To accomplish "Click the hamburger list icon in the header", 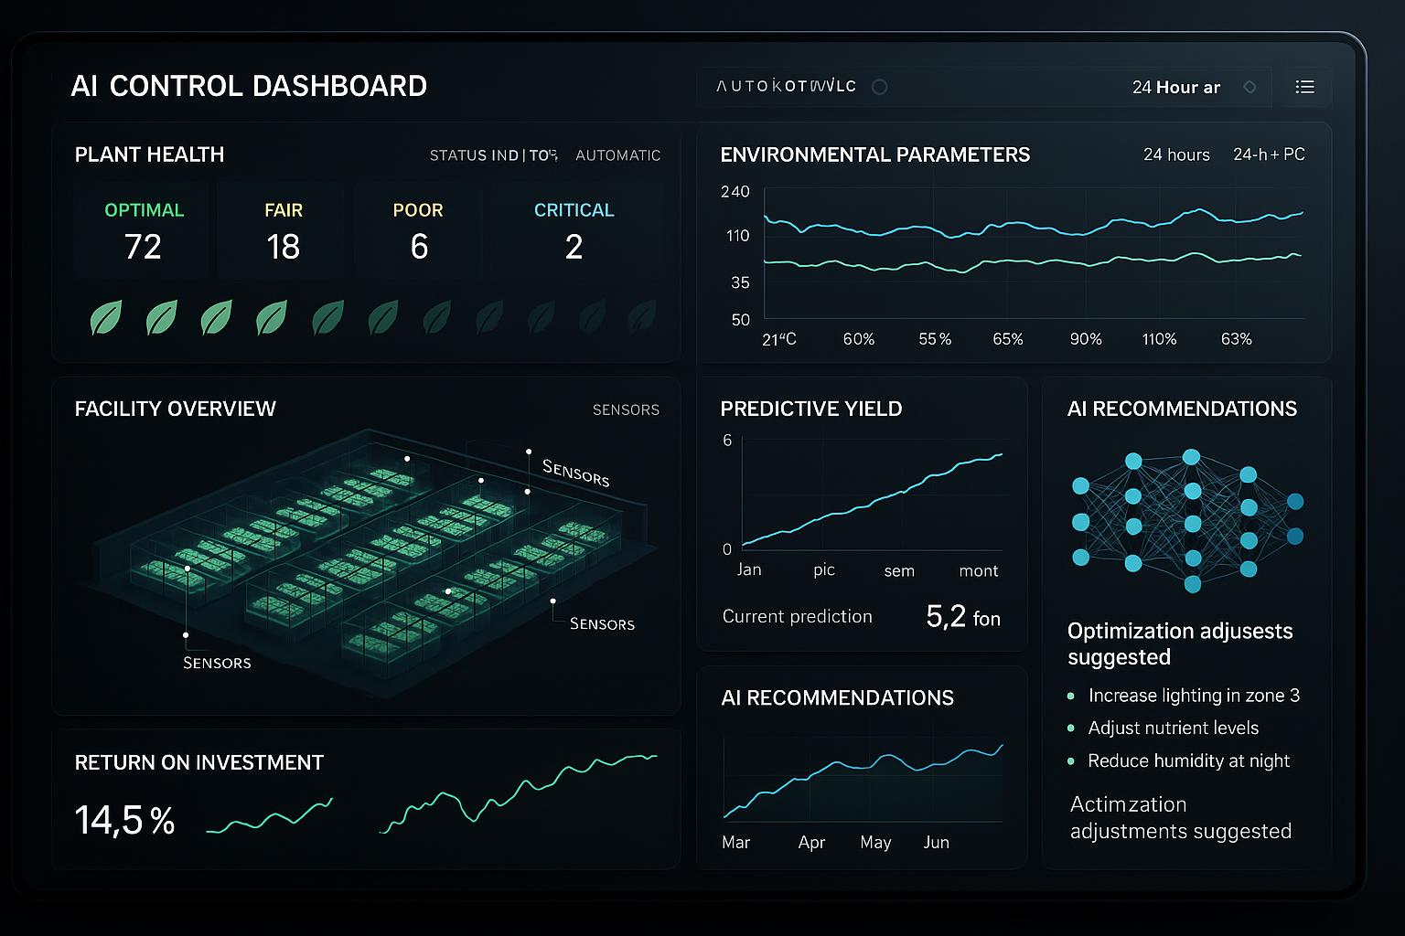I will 1305,87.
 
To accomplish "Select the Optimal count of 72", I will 143,247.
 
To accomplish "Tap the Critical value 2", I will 574,247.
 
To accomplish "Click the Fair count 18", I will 283,247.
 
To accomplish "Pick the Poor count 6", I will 419,247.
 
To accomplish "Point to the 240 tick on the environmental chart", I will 735,192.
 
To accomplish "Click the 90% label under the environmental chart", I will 1086,339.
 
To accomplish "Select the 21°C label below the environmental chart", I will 779,339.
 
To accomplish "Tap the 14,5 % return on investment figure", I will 124,820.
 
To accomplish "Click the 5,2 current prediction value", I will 946,617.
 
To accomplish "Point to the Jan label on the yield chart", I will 749,569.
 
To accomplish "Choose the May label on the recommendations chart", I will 875,842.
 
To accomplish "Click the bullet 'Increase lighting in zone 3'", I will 1194,696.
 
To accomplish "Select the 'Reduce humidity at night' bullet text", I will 1188,760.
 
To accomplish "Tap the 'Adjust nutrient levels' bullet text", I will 1173,729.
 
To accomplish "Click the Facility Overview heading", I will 175,409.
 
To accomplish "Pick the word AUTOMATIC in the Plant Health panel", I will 617,155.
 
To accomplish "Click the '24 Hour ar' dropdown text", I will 1176,88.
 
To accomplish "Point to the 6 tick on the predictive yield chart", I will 727,441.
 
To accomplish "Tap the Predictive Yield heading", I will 810,409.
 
